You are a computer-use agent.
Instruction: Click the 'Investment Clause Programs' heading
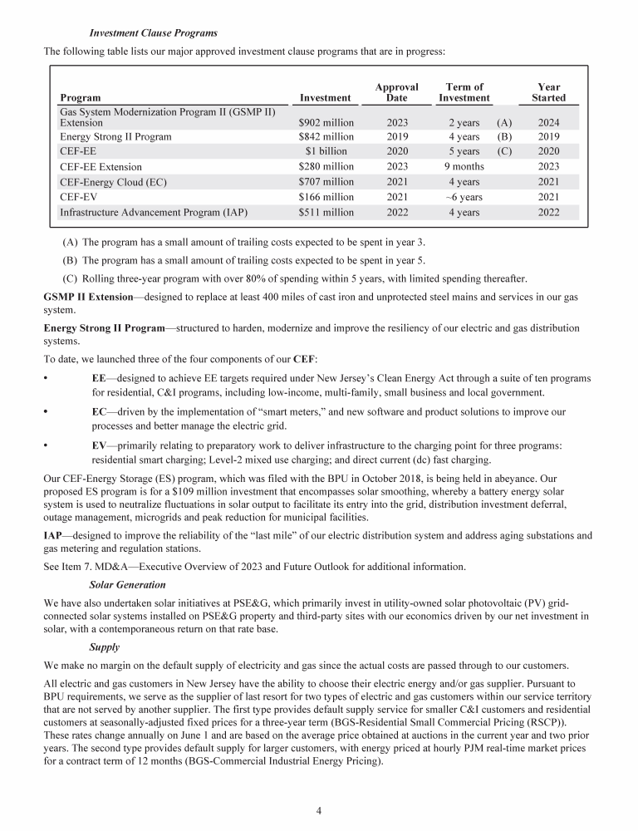click(153, 33)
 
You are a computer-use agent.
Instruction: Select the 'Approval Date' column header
click(396, 92)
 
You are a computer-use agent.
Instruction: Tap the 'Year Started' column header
click(548, 92)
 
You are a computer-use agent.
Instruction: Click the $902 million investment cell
click(326, 122)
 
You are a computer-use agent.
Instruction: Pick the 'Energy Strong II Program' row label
click(115, 137)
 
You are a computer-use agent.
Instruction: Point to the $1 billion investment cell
click(326, 152)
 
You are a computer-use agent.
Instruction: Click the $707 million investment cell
click(326, 182)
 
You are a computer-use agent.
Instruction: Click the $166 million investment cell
click(326, 197)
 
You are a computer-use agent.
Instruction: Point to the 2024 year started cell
click(548, 122)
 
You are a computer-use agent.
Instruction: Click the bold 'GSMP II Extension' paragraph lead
click(87, 297)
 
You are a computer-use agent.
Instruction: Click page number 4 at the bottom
click(319, 806)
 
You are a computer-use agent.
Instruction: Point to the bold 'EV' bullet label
click(99, 445)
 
